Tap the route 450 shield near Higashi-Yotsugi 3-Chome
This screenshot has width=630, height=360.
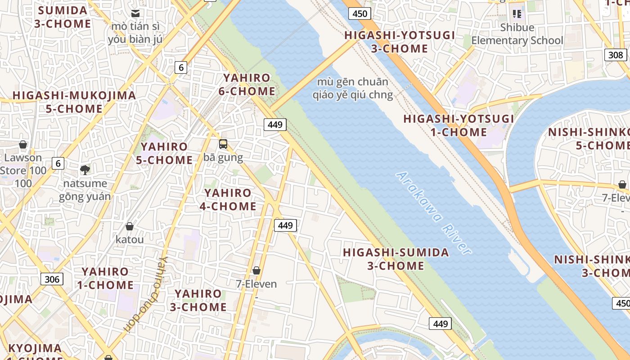click(360, 13)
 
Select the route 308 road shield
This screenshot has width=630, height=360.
click(615, 55)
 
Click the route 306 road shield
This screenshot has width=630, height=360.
click(52, 279)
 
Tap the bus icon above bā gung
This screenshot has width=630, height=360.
click(223, 144)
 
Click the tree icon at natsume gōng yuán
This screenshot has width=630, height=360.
click(85, 170)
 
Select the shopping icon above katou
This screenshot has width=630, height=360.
click(130, 226)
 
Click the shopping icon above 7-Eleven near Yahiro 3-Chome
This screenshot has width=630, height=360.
click(256, 270)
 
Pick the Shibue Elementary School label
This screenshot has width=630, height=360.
click(517, 34)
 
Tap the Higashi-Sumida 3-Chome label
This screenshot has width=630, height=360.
click(396, 259)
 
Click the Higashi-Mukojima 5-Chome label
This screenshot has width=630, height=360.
click(74, 102)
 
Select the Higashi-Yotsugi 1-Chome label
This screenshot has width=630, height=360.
click(459, 125)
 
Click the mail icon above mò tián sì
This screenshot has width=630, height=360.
click(135, 13)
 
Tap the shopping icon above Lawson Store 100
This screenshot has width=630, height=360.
click(23, 144)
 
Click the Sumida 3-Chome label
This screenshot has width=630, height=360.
click(63, 17)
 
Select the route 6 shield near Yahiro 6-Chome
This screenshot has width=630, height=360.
click(181, 67)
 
